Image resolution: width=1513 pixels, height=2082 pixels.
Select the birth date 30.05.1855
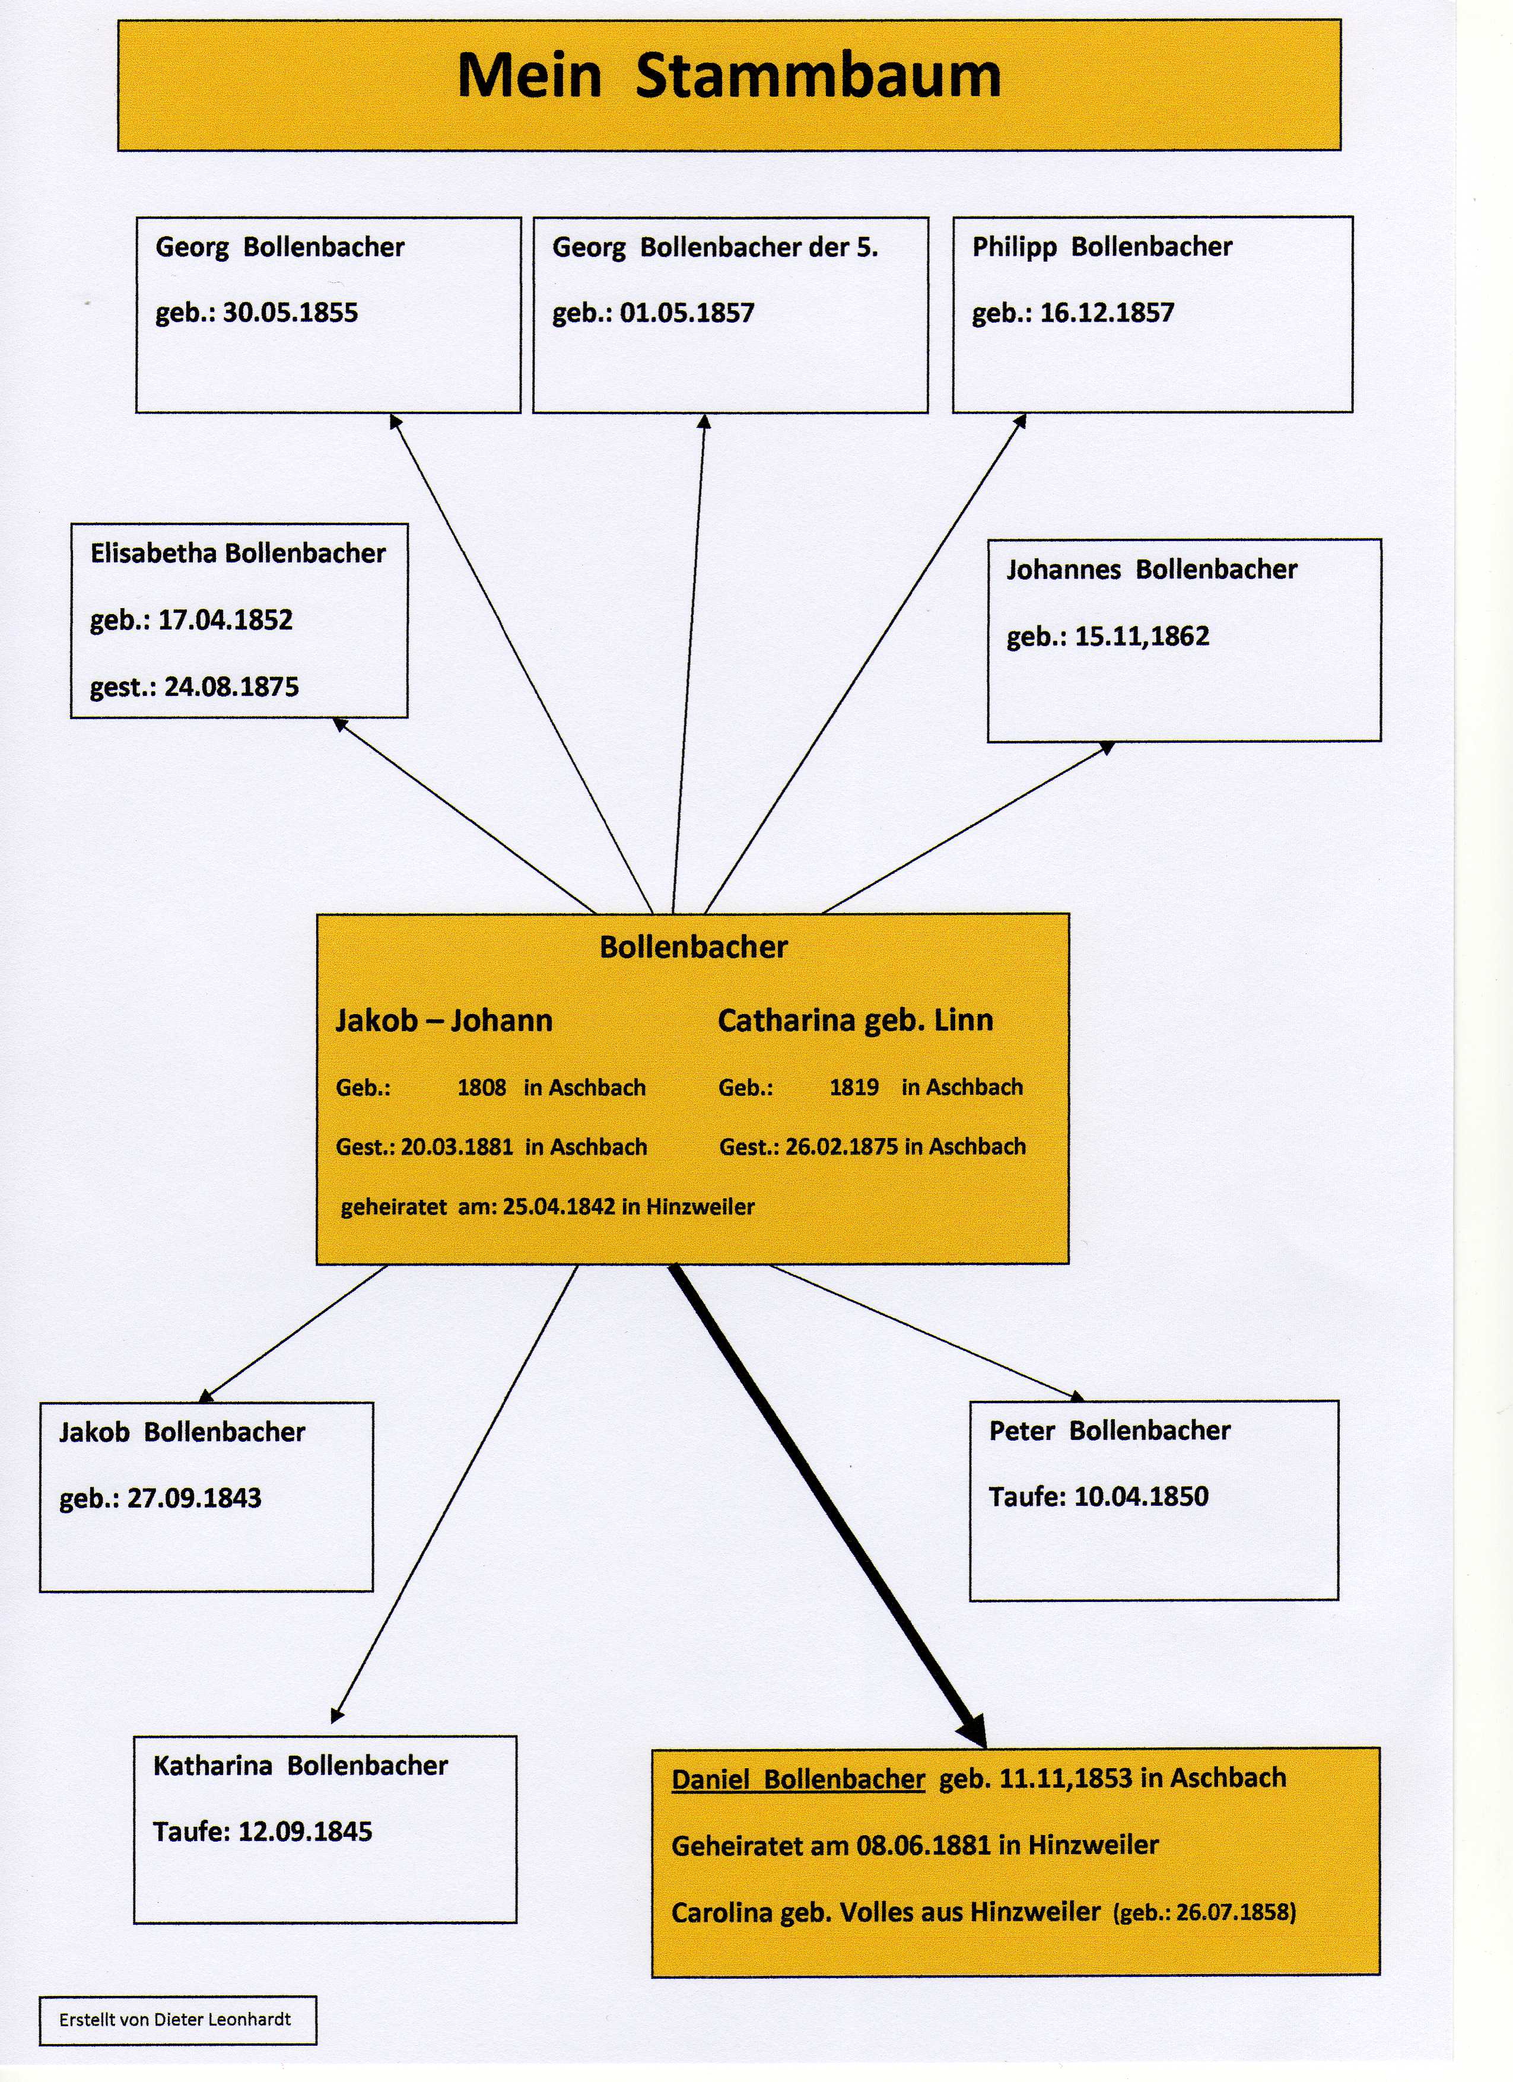pos(290,313)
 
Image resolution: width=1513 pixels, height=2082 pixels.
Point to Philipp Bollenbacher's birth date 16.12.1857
pos(1107,313)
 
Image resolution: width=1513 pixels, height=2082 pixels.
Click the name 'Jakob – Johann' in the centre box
pos(443,1020)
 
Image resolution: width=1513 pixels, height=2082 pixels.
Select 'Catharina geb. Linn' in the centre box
pos(855,1020)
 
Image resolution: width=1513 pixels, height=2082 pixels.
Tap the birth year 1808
pos(481,1088)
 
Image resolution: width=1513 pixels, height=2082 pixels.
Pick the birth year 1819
pos(854,1088)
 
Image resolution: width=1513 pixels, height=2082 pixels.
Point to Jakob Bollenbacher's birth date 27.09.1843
pos(193,1498)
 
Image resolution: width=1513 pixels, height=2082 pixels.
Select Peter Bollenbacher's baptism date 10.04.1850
pos(1140,1496)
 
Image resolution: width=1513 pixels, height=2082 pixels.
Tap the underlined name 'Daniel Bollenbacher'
pos(798,1779)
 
